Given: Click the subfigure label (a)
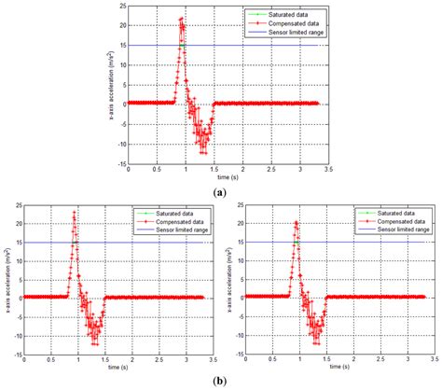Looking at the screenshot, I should [219, 190].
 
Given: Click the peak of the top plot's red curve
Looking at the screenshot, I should [181, 19].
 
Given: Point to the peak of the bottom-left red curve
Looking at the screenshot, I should [75, 214].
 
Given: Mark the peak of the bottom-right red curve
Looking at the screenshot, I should [297, 222].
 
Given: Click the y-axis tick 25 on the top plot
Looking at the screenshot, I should [121, 7].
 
